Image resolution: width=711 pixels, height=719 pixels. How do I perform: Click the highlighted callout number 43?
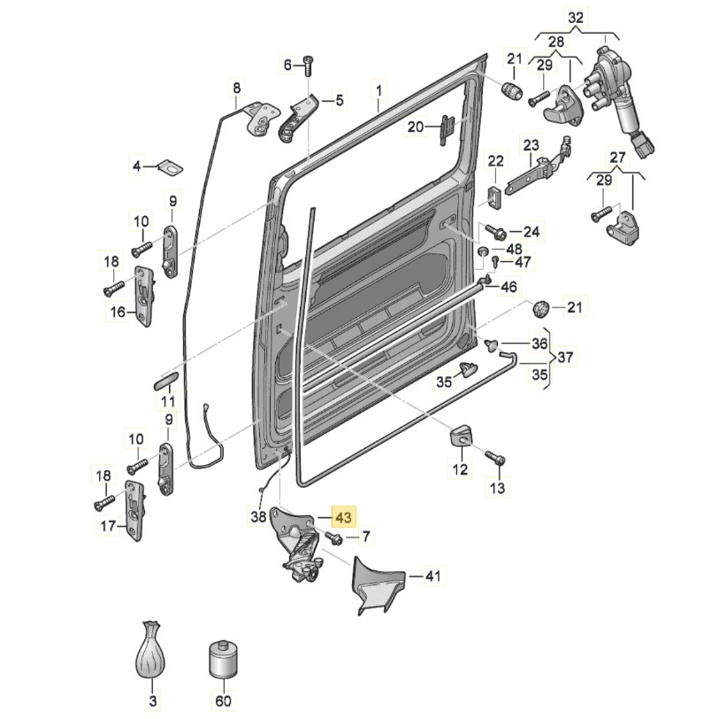click(x=343, y=517)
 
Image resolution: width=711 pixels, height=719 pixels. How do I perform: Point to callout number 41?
click(x=432, y=575)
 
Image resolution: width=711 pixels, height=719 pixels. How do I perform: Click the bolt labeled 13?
click(x=495, y=459)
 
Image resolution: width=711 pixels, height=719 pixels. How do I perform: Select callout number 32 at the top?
click(x=576, y=19)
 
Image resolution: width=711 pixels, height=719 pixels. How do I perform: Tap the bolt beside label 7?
click(x=333, y=538)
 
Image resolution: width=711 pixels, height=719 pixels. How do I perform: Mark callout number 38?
click(x=259, y=517)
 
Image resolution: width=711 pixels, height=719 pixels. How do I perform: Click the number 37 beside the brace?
click(x=565, y=357)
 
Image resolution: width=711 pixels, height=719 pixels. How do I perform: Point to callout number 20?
click(x=416, y=126)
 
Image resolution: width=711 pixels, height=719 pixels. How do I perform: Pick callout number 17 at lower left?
click(x=108, y=525)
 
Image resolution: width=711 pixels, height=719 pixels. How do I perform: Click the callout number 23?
click(x=531, y=146)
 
